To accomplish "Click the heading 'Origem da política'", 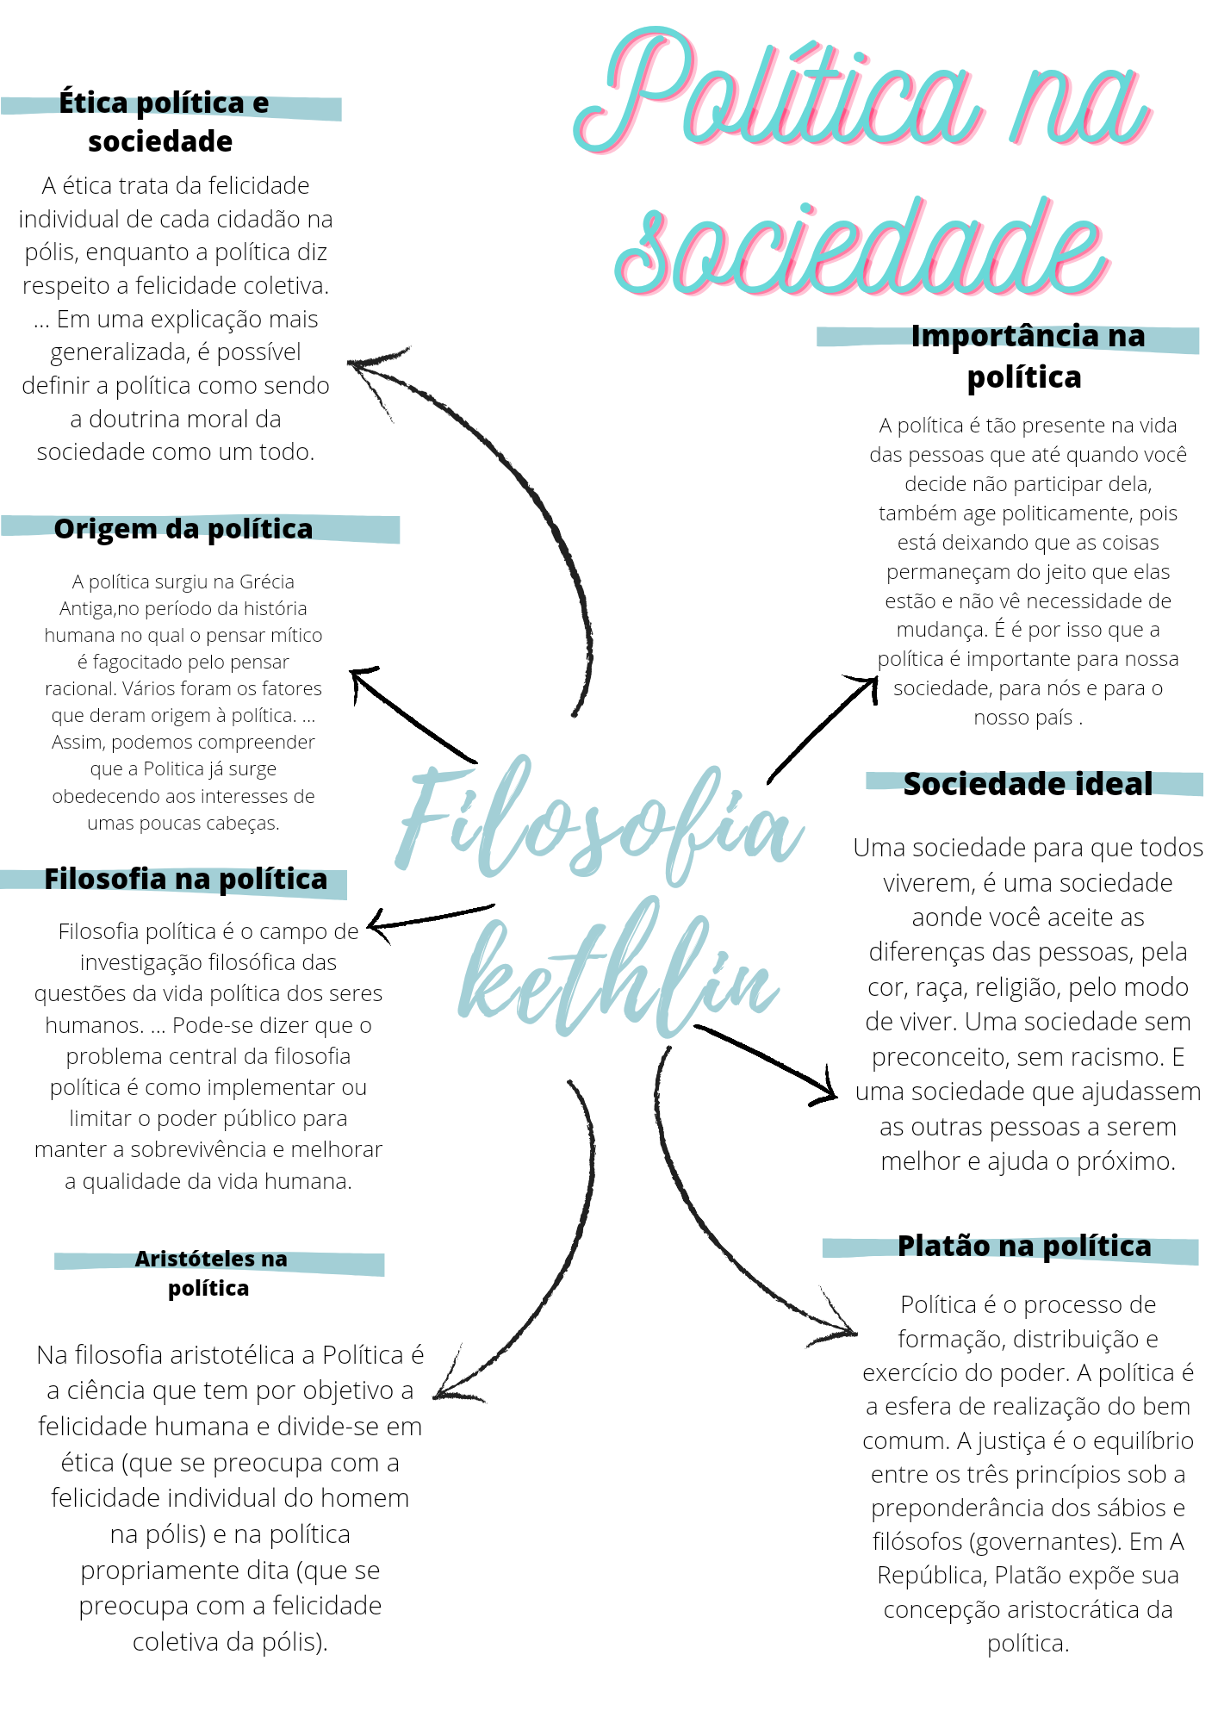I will click(x=183, y=529).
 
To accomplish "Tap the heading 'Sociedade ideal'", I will click(x=1028, y=784).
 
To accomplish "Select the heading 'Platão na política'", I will click(x=1024, y=1247).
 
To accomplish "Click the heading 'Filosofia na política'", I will click(x=185, y=880).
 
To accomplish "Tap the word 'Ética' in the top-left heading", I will click(x=93, y=103).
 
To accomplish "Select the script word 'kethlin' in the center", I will click(x=616, y=973).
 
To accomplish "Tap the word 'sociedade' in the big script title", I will click(x=861, y=250).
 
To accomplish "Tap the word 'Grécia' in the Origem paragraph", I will click(x=267, y=582).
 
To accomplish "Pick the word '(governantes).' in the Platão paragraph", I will click(x=1047, y=1541).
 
